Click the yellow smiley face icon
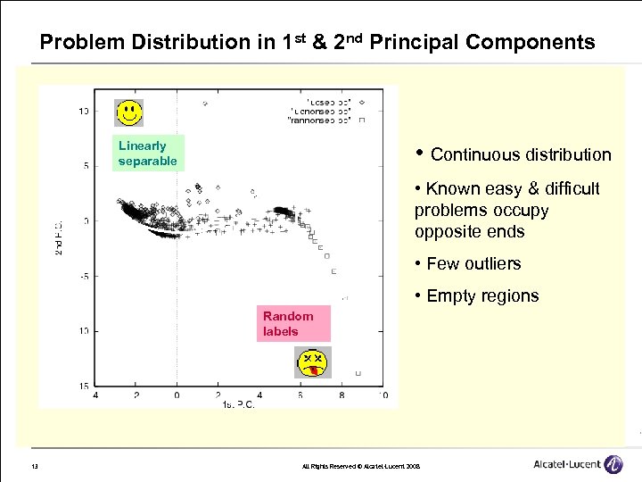click(x=130, y=112)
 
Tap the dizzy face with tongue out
click(x=312, y=361)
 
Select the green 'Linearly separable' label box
click(x=148, y=154)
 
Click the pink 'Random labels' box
click(x=288, y=323)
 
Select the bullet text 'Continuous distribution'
click(x=521, y=155)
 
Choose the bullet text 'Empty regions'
click(x=482, y=296)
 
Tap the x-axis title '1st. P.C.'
click(x=238, y=404)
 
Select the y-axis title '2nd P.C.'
click(x=58, y=237)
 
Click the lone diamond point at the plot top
click(x=206, y=104)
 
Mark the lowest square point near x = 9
click(x=358, y=373)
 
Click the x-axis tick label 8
click(x=342, y=394)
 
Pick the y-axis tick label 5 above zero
click(x=84, y=165)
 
